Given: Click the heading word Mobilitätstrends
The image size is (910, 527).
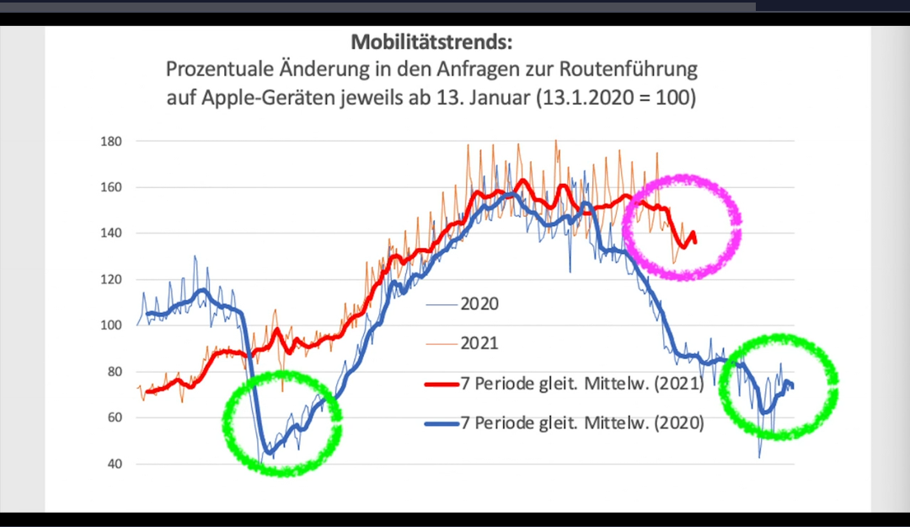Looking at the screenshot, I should [431, 42].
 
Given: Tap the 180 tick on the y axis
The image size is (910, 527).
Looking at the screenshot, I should [112, 141].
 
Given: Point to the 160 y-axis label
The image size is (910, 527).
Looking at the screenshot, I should [112, 187].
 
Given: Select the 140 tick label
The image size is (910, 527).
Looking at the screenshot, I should [112, 233].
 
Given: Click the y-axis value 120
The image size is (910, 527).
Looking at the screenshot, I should [112, 279].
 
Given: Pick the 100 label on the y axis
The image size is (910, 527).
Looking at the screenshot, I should [112, 325].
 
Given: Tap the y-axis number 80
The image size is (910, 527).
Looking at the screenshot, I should [115, 372].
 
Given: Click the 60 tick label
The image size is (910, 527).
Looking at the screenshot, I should [115, 417].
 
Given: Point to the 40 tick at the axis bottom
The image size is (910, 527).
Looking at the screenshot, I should [115, 464].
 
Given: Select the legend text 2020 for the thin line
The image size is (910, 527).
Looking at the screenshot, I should [479, 304].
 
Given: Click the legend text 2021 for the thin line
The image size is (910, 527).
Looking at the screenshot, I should [479, 343].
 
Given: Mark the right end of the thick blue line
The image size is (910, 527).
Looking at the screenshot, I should [793, 387].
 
